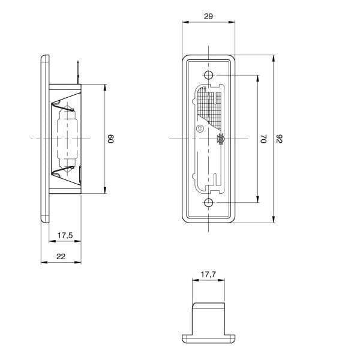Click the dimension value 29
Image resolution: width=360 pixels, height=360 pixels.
(x=208, y=16)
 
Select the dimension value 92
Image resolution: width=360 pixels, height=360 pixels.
(x=279, y=139)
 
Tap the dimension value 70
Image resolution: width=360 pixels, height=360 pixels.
(x=263, y=139)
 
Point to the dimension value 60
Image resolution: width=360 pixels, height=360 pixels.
(x=110, y=139)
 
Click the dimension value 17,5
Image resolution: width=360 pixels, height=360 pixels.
(x=65, y=235)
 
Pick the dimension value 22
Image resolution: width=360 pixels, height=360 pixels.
(x=61, y=256)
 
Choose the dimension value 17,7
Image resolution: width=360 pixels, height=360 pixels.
(x=208, y=274)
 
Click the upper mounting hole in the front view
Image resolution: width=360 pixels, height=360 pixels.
(x=208, y=75)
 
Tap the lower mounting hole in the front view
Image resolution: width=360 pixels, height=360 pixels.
(x=208, y=203)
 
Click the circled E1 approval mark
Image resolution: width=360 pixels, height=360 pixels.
(x=199, y=128)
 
